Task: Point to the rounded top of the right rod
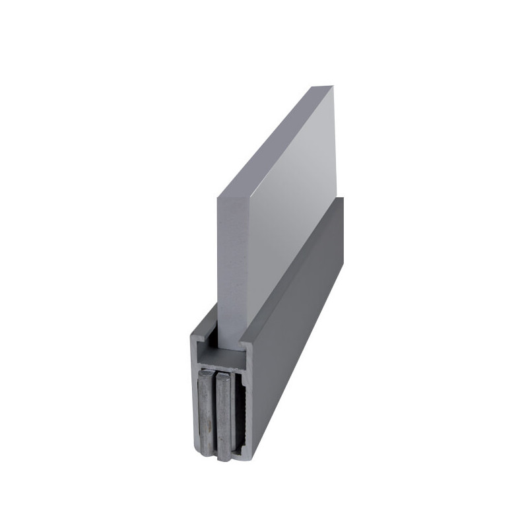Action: [x=224, y=377]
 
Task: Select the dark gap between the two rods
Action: [x=215, y=416]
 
